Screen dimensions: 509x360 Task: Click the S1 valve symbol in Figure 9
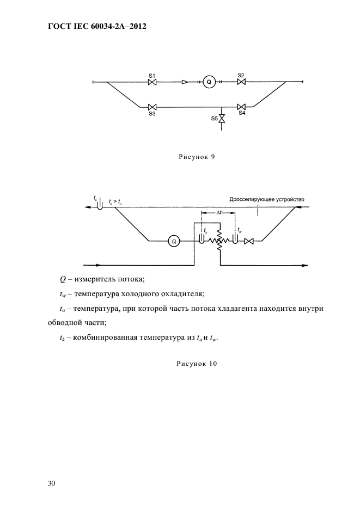pyautogui.click(x=153, y=82)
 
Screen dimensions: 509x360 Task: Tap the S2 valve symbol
pyautogui.click(x=241, y=82)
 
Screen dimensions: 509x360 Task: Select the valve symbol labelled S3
pyautogui.click(x=153, y=107)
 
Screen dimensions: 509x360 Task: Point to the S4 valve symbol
pyautogui.click(x=241, y=107)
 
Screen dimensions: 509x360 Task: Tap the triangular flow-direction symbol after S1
pyautogui.click(x=185, y=82)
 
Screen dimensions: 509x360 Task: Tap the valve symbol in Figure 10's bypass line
pyautogui.click(x=249, y=240)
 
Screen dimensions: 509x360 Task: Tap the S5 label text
pyautogui.click(x=215, y=118)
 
